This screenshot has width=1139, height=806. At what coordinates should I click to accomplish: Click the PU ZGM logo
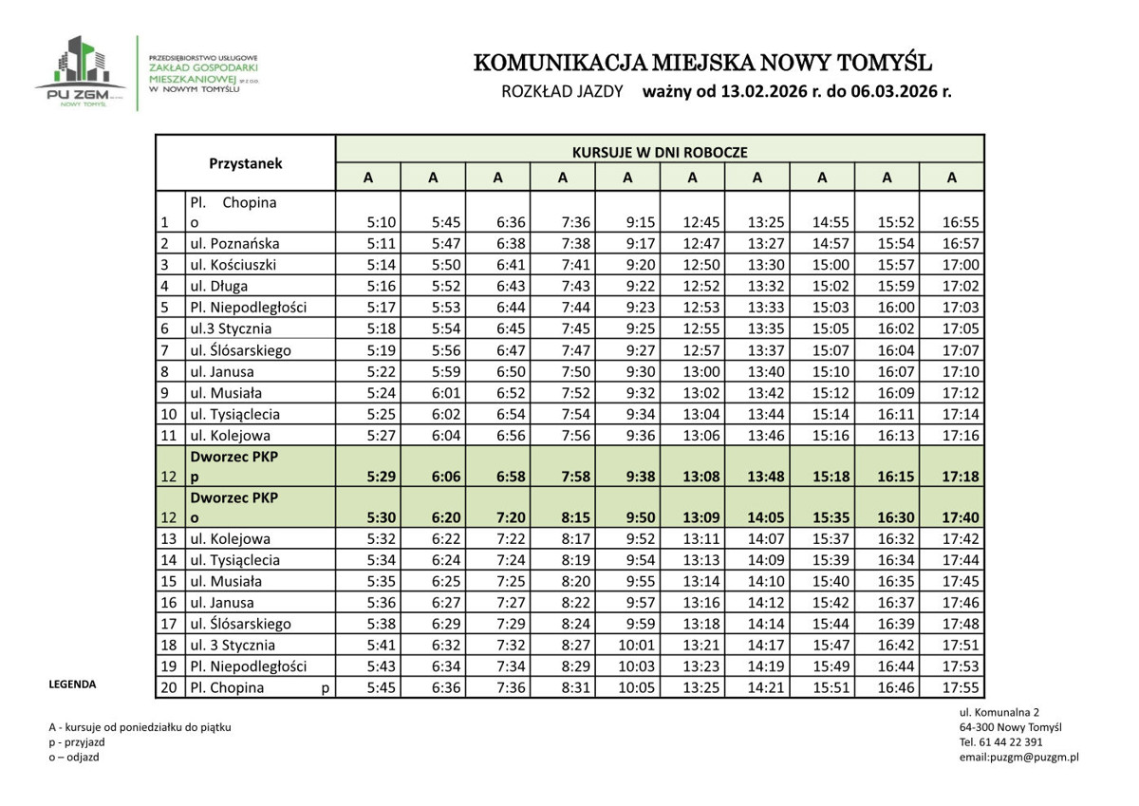(x=81, y=73)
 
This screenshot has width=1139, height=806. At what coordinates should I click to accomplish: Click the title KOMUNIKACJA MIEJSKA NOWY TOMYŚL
(x=702, y=64)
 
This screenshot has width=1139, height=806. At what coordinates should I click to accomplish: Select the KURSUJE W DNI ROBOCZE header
(x=660, y=151)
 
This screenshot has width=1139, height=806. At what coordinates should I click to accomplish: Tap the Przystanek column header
(x=246, y=163)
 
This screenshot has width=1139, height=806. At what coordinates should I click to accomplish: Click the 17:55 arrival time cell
(x=962, y=687)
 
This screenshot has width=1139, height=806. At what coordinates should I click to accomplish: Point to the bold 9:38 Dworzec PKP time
(x=641, y=477)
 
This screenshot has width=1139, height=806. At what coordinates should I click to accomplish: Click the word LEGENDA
(x=72, y=684)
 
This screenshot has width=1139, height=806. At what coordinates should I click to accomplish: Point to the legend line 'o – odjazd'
(x=74, y=757)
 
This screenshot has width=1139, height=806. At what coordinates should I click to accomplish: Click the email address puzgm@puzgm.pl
(x=1018, y=757)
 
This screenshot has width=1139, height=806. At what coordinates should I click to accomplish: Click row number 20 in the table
(x=170, y=687)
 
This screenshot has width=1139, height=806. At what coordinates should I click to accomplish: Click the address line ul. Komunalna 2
(x=999, y=712)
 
